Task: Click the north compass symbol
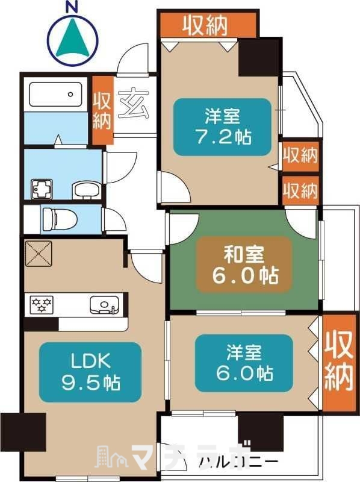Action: coord(73,37)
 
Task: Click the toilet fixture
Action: coord(60,219)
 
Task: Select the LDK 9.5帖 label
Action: coord(90,372)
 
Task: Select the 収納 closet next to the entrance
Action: coord(102,110)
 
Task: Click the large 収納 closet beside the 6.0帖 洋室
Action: coord(339,361)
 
